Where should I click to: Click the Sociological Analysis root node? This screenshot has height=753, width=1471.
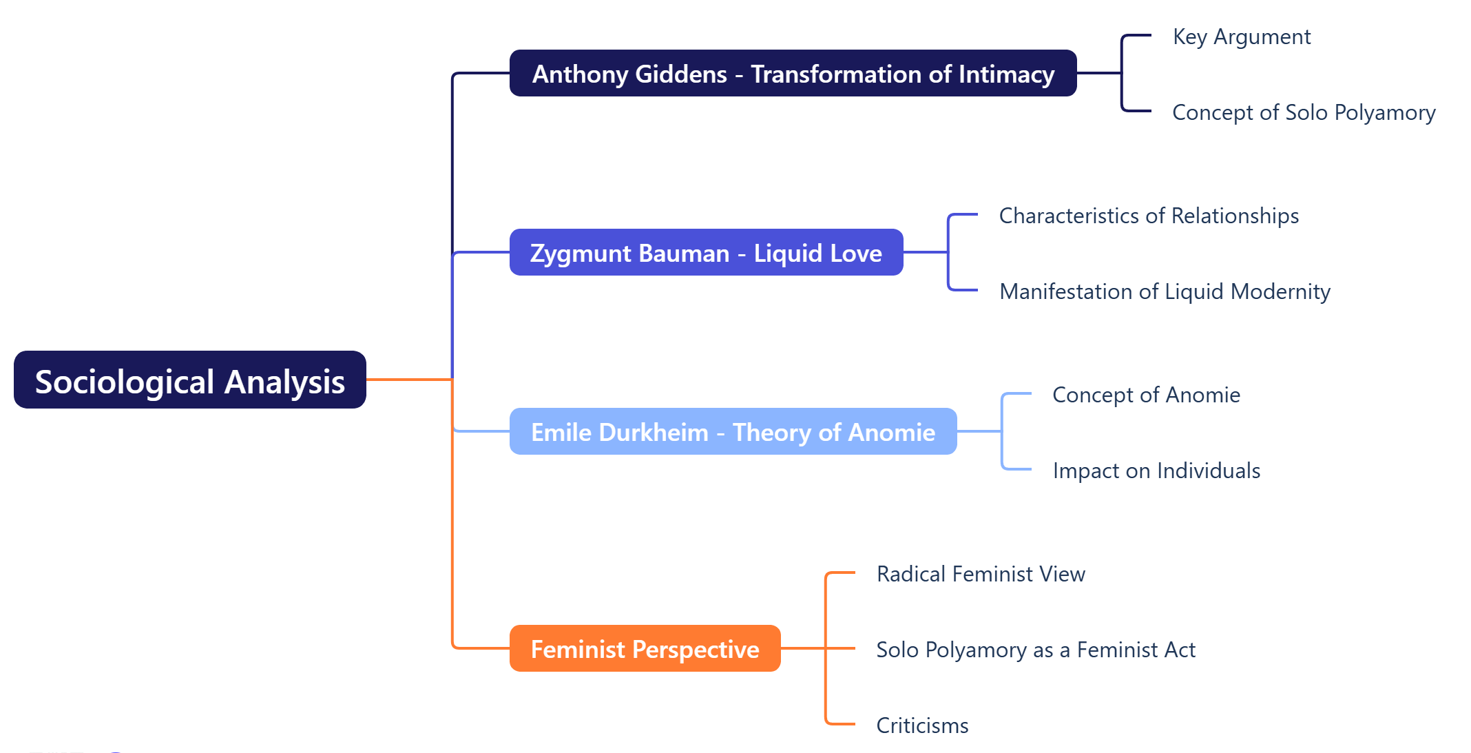pos(189,380)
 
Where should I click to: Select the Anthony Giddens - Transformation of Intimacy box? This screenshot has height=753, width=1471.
pos(792,74)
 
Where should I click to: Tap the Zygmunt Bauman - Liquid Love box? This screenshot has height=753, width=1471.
pos(705,253)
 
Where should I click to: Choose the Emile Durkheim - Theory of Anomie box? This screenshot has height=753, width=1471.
pos(732,432)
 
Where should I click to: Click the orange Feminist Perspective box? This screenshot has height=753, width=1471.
pos(645,649)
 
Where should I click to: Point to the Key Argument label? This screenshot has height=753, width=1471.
pos(1241,37)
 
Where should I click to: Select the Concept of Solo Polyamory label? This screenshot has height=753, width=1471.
pos(1303,112)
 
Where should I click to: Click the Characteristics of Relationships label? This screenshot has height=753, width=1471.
pos(1148,216)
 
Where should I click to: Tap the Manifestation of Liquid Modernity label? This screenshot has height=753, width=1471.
pos(1164,291)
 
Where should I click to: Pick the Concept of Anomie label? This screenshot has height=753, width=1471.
pos(1146,395)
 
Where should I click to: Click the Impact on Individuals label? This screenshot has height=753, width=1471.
pos(1156,471)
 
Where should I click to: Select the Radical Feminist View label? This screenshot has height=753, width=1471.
pos(980,574)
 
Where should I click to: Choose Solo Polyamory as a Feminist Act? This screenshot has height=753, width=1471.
pos(1035,650)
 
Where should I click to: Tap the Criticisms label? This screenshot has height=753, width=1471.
pos(921,725)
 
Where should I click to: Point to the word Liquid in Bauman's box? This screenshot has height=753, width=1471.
pos(788,253)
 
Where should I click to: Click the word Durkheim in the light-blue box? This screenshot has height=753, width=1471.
pos(653,432)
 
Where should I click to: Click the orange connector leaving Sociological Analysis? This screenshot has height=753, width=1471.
pos(408,379)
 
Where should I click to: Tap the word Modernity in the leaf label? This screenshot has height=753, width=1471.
pos(1280,291)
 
